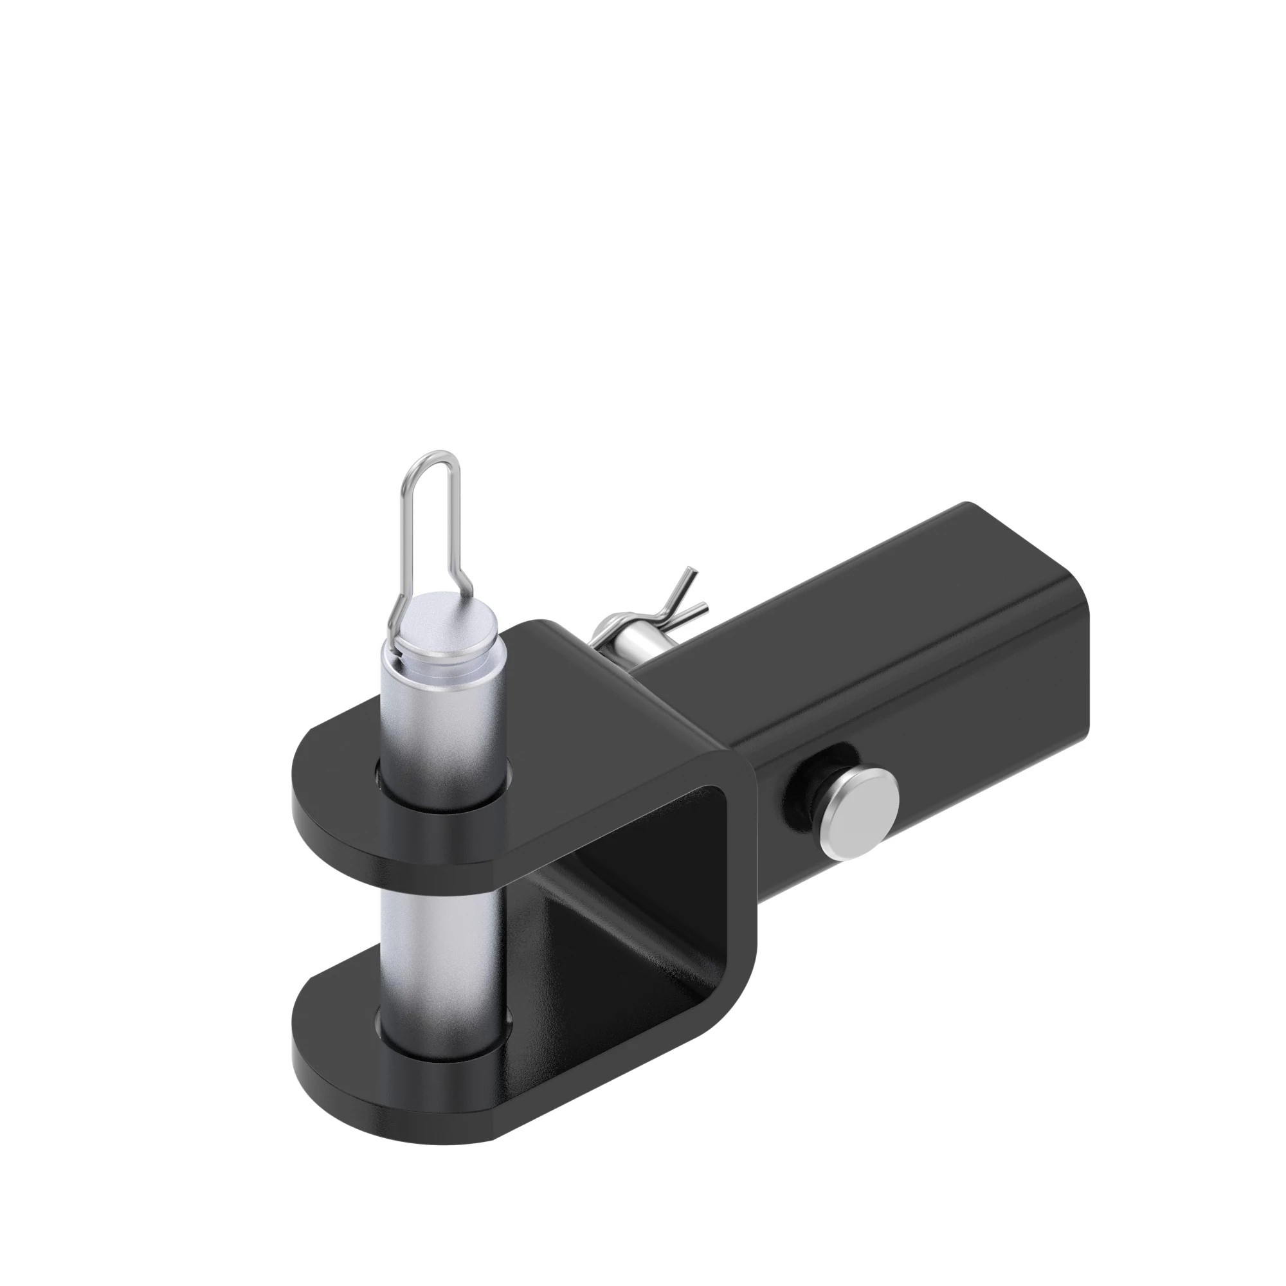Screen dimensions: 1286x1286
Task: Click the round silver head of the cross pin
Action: coord(862,813)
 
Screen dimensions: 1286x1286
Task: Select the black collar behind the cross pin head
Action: coord(802,792)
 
